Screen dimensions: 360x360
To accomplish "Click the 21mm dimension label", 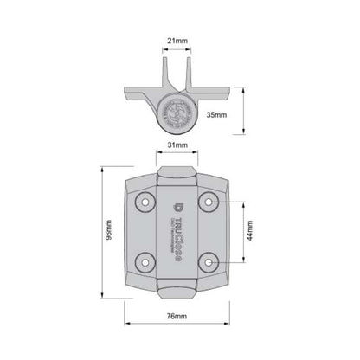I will click(178, 41).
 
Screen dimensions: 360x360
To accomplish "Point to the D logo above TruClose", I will click(177, 205).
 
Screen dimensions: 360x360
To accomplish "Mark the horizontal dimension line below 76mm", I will click(180, 326).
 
